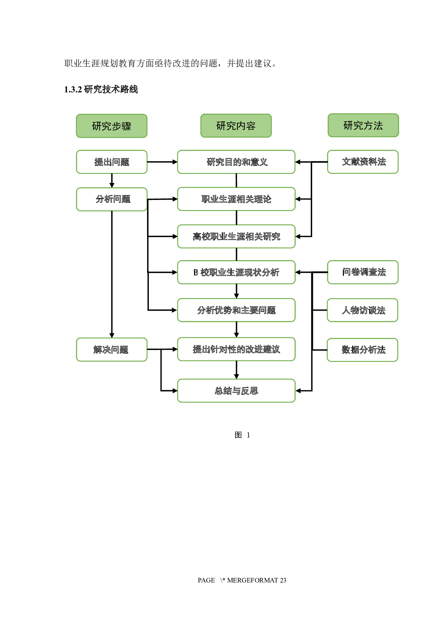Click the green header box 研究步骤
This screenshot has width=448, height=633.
click(x=112, y=126)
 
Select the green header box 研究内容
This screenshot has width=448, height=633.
click(x=236, y=126)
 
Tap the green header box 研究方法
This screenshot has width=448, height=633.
click(x=363, y=125)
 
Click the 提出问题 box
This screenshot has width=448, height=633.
click(x=112, y=162)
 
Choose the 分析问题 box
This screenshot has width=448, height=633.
click(x=112, y=199)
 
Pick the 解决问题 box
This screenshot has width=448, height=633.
click(x=112, y=349)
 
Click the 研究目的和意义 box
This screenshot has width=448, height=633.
click(x=236, y=162)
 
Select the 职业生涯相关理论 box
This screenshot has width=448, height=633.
click(x=236, y=199)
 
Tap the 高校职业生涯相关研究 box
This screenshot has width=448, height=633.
click(x=236, y=236)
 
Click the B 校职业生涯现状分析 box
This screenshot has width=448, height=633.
click(x=236, y=272)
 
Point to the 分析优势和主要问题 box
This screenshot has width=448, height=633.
click(x=236, y=310)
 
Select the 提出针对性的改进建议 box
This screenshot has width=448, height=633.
click(x=236, y=349)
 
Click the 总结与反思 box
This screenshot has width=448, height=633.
click(x=236, y=390)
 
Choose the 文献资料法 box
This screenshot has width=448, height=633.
click(x=363, y=162)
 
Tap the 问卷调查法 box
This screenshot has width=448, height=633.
click(x=363, y=272)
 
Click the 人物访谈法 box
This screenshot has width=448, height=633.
click(x=362, y=310)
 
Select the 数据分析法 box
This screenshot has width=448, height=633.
click(x=362, y=350)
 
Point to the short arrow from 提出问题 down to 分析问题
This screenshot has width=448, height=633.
click(x=112, y=180)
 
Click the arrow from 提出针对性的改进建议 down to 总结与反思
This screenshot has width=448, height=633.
click(x=236, y=370)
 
